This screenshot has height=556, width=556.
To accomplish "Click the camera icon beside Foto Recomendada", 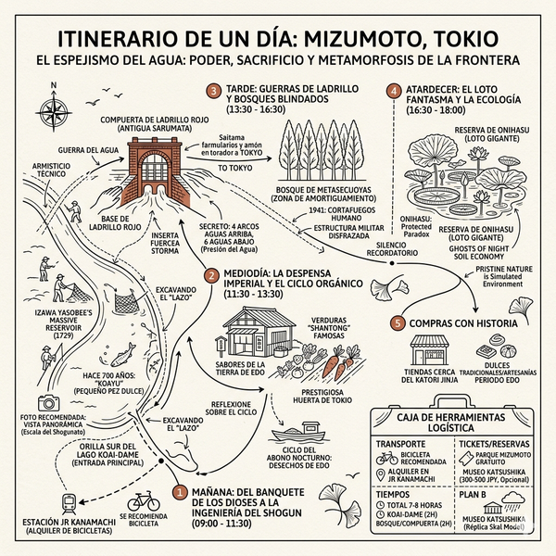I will tap(45, 403).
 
